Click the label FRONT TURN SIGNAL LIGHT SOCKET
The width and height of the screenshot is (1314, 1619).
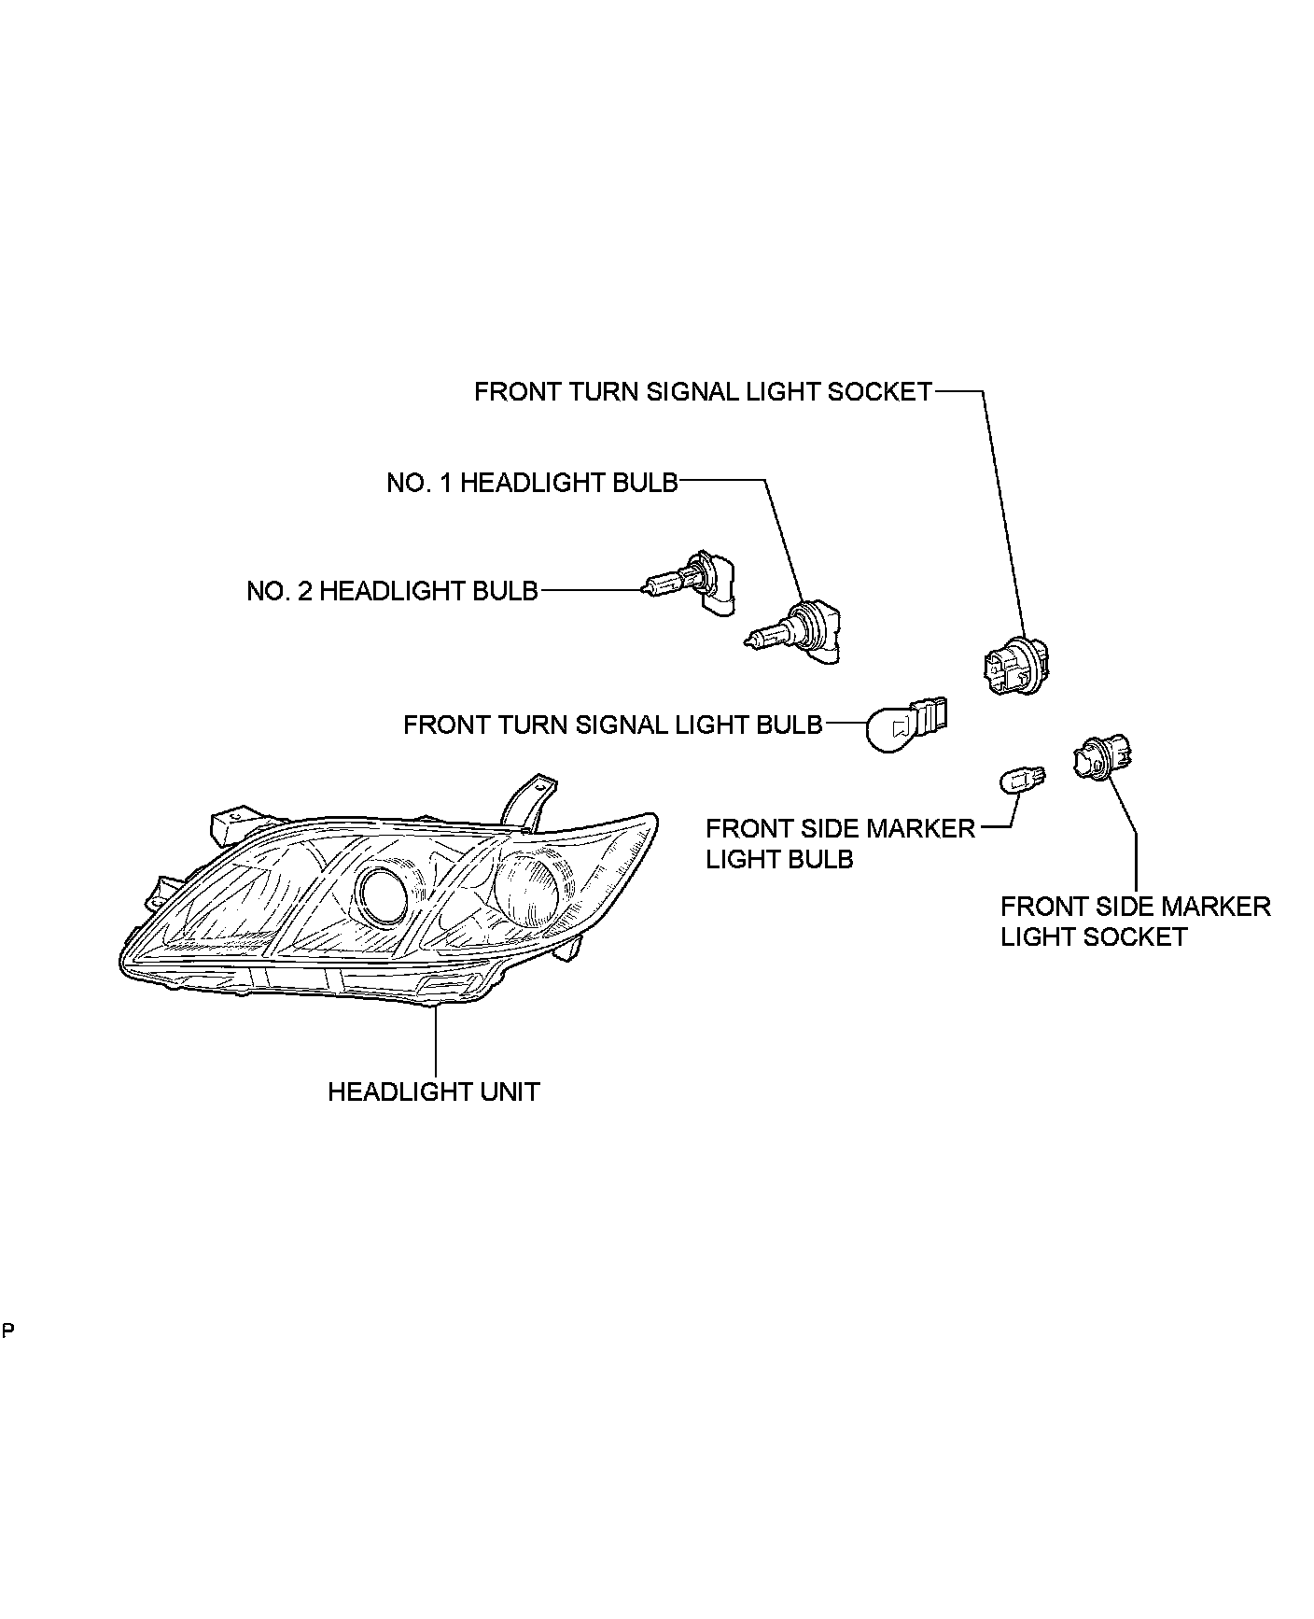click(703, 392)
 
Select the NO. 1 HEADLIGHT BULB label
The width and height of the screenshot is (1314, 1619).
click(532, 483)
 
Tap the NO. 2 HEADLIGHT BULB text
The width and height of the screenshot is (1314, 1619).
click(392, 591)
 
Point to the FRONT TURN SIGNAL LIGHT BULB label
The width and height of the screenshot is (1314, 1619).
click(612, 725)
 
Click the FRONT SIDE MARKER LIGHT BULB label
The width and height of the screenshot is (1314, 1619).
click(839, 843)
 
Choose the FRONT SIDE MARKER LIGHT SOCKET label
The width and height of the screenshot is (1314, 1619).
click(1135, 922)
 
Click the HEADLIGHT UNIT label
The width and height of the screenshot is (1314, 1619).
click(433, 1091)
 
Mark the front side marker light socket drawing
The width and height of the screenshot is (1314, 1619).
click(1102, 756)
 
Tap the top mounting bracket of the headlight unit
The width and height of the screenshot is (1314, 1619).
click(527, 799)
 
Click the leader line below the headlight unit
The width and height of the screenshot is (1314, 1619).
click(436, 1041)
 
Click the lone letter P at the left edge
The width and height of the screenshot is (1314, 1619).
click(7, 1330)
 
